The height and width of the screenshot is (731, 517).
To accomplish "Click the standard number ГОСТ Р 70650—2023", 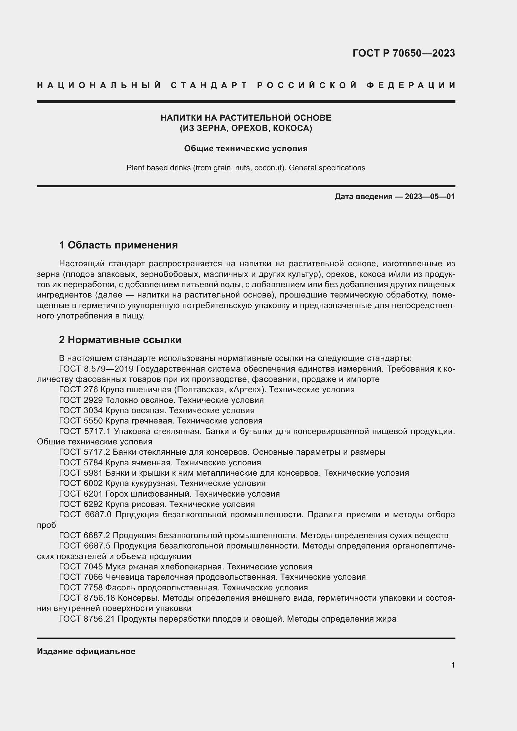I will [x=403, y=53].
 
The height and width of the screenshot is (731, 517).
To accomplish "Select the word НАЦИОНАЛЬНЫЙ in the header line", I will [x=99, y=85].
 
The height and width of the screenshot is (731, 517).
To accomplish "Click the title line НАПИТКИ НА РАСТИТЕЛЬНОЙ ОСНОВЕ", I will [x=246, y=118].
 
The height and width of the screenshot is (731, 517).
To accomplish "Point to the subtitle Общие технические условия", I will [x=246, y=149].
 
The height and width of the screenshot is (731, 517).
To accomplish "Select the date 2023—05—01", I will [x=429, y=197].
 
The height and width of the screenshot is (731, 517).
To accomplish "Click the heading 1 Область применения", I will [x=118, y=245].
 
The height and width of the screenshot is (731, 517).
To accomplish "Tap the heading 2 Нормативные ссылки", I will [x=120, y=340].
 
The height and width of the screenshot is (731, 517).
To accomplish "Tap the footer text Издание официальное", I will [x=86, y=651].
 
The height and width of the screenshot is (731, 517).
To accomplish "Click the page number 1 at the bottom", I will [x=453, y=665].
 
